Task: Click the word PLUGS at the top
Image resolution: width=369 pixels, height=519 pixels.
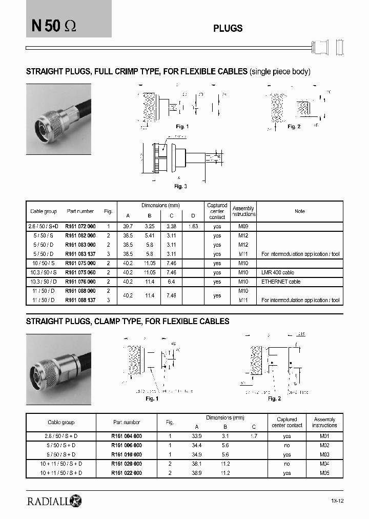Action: tap(228, 29)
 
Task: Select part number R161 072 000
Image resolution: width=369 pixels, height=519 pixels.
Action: tap(80, 226)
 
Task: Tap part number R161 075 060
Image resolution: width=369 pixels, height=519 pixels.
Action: tap(80, 272)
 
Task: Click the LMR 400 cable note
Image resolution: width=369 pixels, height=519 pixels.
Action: tap(278, 272)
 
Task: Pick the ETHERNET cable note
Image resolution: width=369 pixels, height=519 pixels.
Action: tap(281, 282)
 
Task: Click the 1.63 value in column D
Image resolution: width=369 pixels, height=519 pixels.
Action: tap(193, 226)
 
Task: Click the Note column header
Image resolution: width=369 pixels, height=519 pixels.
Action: tap(300, 211)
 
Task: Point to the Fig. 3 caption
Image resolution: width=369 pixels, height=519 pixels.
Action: tap(180, 186)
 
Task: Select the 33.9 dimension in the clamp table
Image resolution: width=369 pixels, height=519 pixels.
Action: tap(196, 436)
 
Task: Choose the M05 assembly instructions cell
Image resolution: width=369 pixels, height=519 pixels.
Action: tap(324, 473)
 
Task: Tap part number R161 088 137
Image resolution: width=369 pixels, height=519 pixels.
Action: tap(80, 300)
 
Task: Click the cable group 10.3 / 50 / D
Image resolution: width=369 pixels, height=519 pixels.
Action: tap(44, 282)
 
